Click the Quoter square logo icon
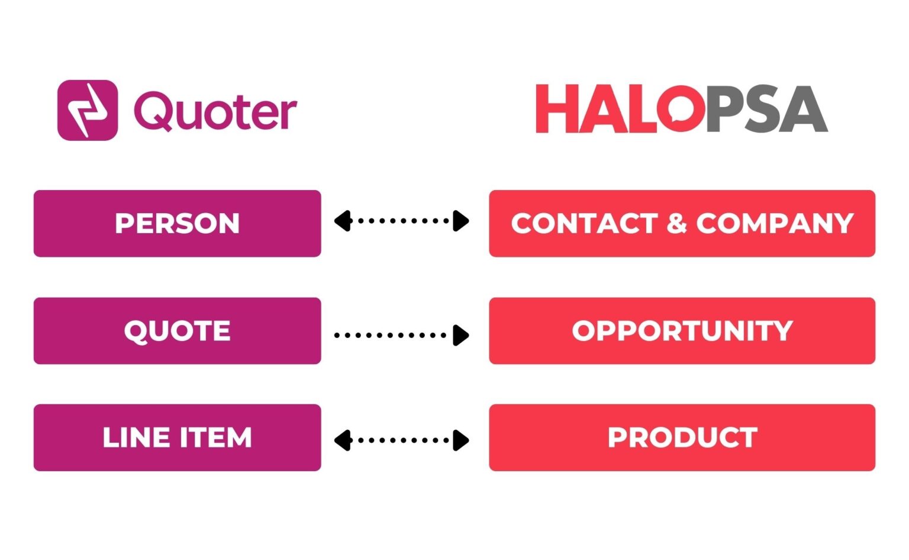88,110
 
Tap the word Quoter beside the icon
215,111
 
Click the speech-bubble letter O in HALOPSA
680,109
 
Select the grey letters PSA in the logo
766,109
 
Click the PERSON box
177,223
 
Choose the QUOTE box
177,331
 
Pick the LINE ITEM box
177,437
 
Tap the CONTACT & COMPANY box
682,223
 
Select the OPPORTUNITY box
682,331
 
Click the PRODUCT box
682,437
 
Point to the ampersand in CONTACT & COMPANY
676,224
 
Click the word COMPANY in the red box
775,224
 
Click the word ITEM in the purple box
215,438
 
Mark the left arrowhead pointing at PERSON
343,221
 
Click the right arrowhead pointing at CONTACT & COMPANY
461,221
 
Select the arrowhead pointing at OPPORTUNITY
461,335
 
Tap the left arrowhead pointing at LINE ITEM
343,440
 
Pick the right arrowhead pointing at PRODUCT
461,440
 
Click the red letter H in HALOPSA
557,109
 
